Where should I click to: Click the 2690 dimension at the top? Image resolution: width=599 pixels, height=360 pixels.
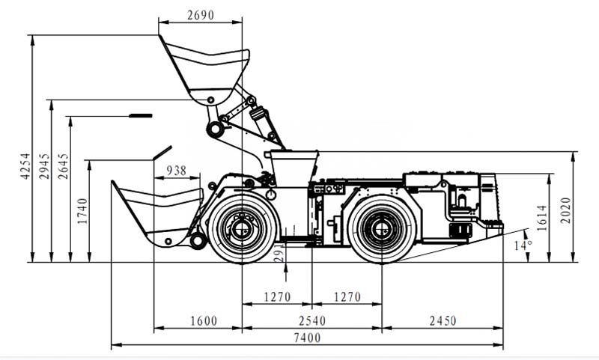point(200,16)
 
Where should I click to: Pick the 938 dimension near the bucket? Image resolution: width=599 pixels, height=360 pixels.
point(176,171)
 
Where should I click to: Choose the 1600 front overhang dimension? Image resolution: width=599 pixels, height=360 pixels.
point(203,321)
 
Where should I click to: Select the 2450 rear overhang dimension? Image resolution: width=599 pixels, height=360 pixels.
point(442,321)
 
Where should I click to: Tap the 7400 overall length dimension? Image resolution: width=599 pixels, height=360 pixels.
point(307,338)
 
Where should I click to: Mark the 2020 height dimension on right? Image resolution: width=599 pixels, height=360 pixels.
point(566,212)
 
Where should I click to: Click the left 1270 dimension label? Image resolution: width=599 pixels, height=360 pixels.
point(277,297)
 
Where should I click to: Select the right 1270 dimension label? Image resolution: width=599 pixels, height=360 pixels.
point(347,297)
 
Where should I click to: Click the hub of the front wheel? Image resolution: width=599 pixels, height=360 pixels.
point(241,226)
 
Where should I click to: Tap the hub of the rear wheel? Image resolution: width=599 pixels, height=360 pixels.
point(381,226)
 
